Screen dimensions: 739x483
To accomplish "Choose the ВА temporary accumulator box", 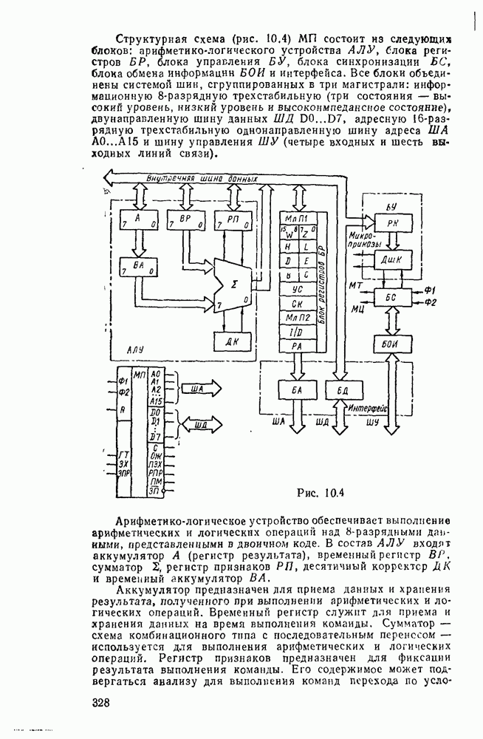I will click(137, 267).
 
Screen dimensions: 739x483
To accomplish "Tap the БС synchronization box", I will click(386, 296).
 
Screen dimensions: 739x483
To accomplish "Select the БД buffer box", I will click(341, 389).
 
